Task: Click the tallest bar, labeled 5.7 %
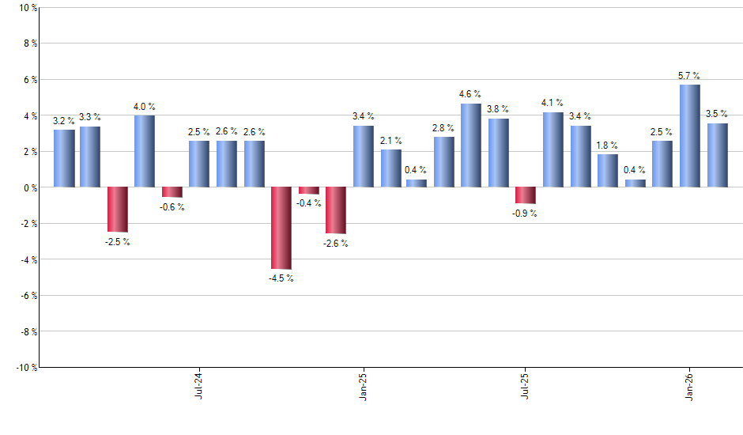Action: point(689,136)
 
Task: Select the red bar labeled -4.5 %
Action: point(281,228)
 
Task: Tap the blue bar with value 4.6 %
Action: point(470,146)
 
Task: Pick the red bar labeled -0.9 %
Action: point(525,195)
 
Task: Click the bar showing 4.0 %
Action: point(144,151)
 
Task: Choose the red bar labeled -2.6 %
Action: point(335,210)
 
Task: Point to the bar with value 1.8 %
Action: point(607,171)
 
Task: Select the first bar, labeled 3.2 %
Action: point(64,158)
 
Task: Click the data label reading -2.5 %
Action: point(117,242)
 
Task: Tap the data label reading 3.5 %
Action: point(718,113)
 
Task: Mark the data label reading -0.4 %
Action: point(309,204)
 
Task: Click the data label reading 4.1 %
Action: point(553,103)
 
